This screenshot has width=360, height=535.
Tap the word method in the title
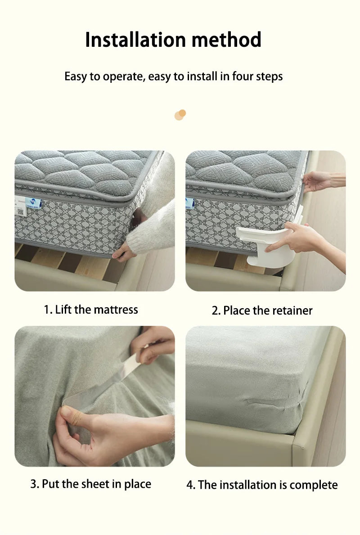[x=227, y=40]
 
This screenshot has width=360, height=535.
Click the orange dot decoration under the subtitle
[x=180, y=115]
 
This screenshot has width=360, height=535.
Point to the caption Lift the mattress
[x=91, y=310]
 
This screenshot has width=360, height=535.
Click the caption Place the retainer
[x=262, y=310]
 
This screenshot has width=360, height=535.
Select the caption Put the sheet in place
[x=91, y=484]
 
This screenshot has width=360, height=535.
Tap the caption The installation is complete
[x=262, y=485]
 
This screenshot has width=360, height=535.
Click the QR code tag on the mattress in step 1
[x=20, y=211]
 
